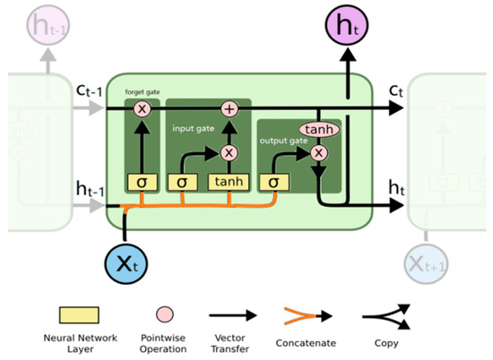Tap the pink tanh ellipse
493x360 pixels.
316,131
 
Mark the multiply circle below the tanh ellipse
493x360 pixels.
316,152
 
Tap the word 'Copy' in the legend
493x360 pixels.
388,341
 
